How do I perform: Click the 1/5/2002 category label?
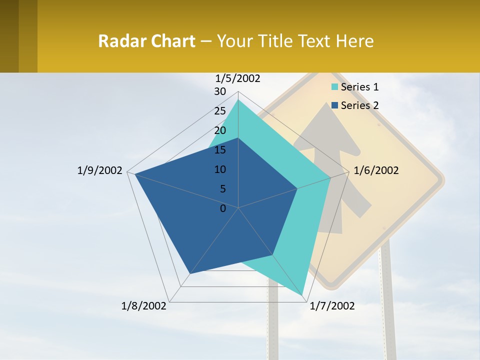coord(238,78)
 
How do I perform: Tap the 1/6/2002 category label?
coord(376,170)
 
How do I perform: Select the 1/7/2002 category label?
coord(332,306)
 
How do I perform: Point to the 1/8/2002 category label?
coord(144,306)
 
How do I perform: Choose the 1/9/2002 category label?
coord(100,170)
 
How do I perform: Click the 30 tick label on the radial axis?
coord(220,91)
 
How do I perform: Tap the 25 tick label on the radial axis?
coord(220,111)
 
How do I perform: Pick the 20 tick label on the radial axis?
coord(220,130)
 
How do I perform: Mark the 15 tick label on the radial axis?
coord(220,150)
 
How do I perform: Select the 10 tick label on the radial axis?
coord(220,169)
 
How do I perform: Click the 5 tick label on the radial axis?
coord(223,189)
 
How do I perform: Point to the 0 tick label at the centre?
coord(223,208)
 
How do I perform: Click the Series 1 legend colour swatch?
coord(335,87)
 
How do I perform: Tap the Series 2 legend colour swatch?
coord(335,105)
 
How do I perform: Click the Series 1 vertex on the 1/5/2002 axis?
coord(238,100)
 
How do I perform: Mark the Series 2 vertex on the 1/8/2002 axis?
coord(190,273)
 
